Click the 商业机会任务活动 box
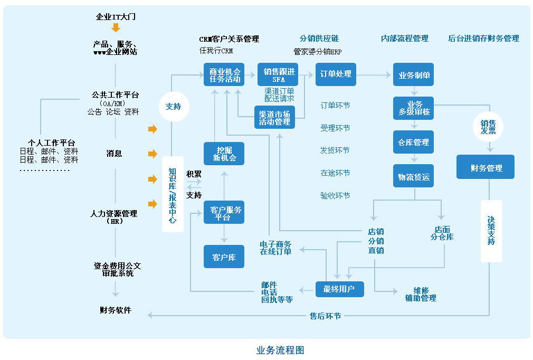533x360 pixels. click(x=225, y=75)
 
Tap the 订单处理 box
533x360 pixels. click(x=336, y=74)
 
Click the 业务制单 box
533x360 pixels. click(x=414, y=75)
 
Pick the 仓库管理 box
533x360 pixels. click(x=414, y=143)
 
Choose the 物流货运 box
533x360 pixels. click(x=414, y=177)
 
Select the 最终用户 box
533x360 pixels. click(x=340, y=289)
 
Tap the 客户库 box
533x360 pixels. click(x=224, y=257)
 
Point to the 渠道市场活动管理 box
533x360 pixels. click(x=274, y=118)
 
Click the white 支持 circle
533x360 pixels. click(x=173, y=106)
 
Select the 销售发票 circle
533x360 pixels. click(x=488, y=127)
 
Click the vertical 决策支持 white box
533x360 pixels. click(x=491, y=231)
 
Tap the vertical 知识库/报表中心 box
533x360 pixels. click(x=173, y=195)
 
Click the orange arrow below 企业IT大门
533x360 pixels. click(x=116, y=27)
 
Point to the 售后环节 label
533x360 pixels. click(x=325, y=316)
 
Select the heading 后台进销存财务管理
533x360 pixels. click(x=483, y=39)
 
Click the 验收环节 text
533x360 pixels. click(x=335, y=195)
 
